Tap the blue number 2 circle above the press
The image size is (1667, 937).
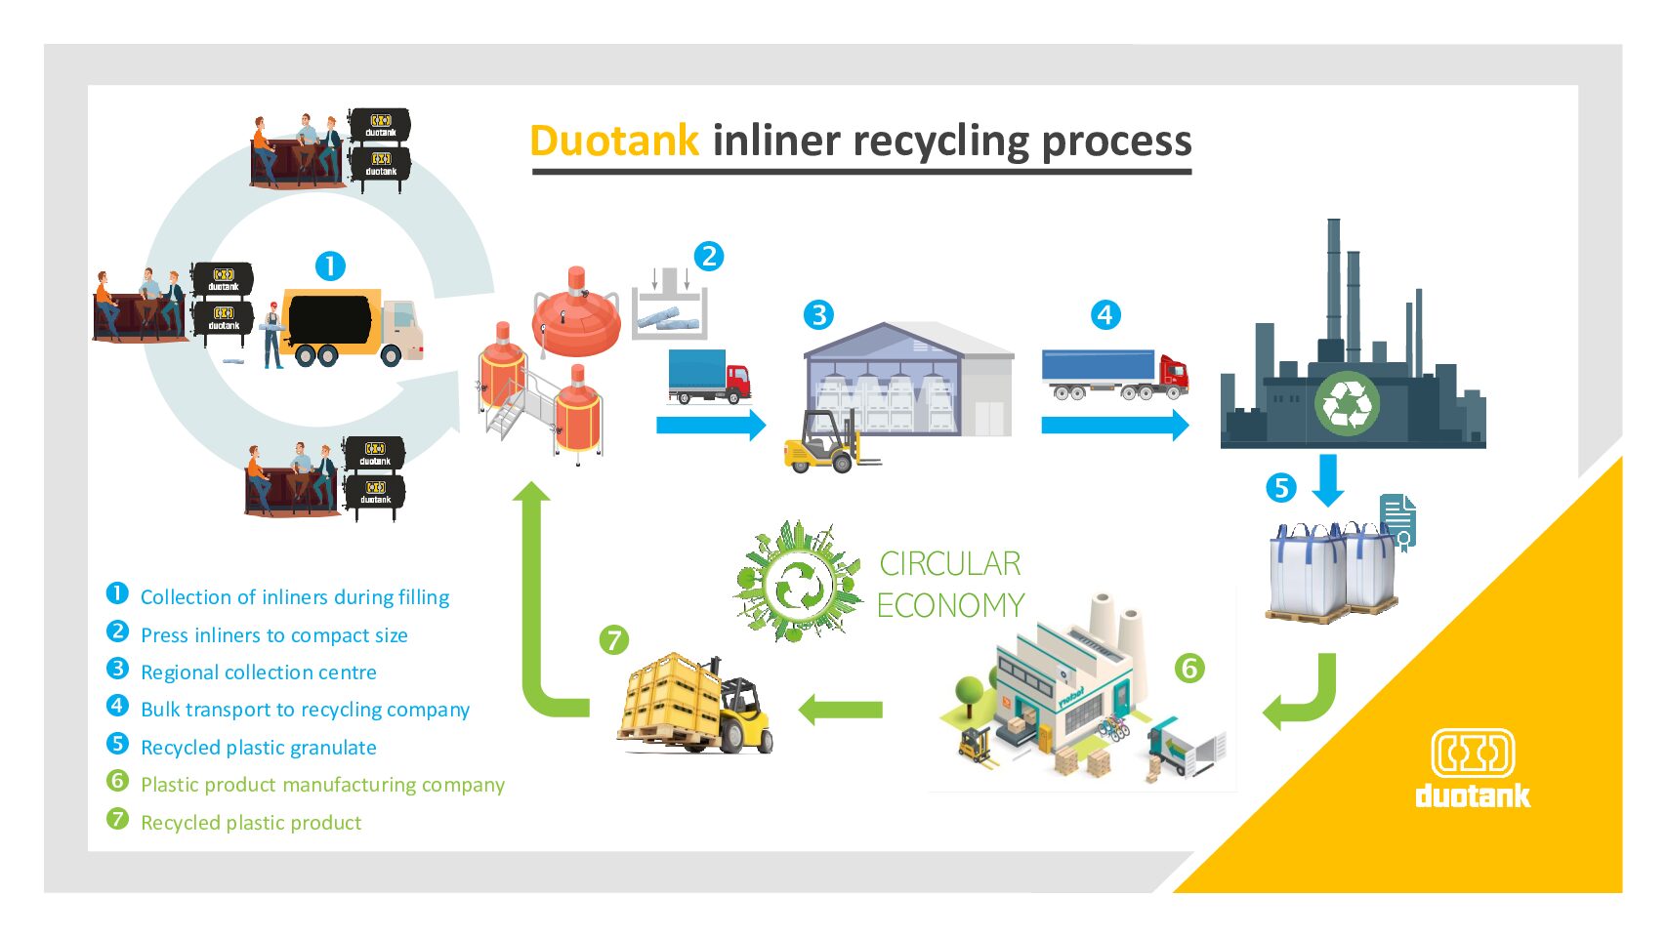click(708, 257)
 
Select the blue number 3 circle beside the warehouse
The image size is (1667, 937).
click(818, 315)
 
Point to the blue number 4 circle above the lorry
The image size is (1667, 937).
click(1105, 315)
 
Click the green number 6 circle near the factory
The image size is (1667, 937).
click(1189, 668)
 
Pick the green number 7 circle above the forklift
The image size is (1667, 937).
click(614, 639)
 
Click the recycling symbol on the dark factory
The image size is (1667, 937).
click(1347, 404)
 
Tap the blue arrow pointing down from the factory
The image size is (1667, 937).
click(1328, 480)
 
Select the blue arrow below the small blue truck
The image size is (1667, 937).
click(711, 425)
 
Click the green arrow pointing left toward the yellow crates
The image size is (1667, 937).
click(840, 710)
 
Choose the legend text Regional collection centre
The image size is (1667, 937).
click(258, 672)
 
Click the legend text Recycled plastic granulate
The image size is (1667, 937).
click(258, 748)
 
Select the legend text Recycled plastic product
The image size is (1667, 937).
click(251, 823)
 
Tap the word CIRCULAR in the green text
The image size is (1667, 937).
click(950, 564)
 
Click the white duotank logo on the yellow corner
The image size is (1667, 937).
click(1473, 768)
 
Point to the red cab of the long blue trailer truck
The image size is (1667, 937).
click(1172, 376)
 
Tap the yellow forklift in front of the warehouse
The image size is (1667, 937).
click(830, 442)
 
